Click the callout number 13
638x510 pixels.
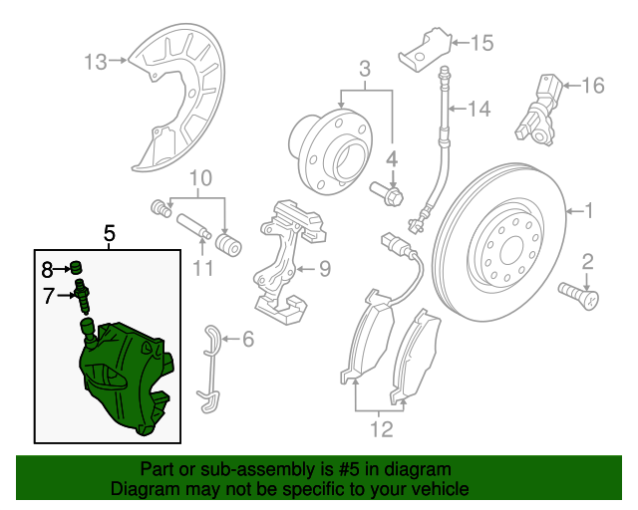(x=95, y=64)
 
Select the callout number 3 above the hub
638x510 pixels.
(x=365, y=69)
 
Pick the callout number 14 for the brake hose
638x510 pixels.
(x=479, y=109)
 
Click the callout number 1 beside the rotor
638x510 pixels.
(x=588, y=211)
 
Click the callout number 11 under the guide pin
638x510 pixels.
(x=203, y=267)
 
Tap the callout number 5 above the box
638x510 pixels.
(x=110, y=234)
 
